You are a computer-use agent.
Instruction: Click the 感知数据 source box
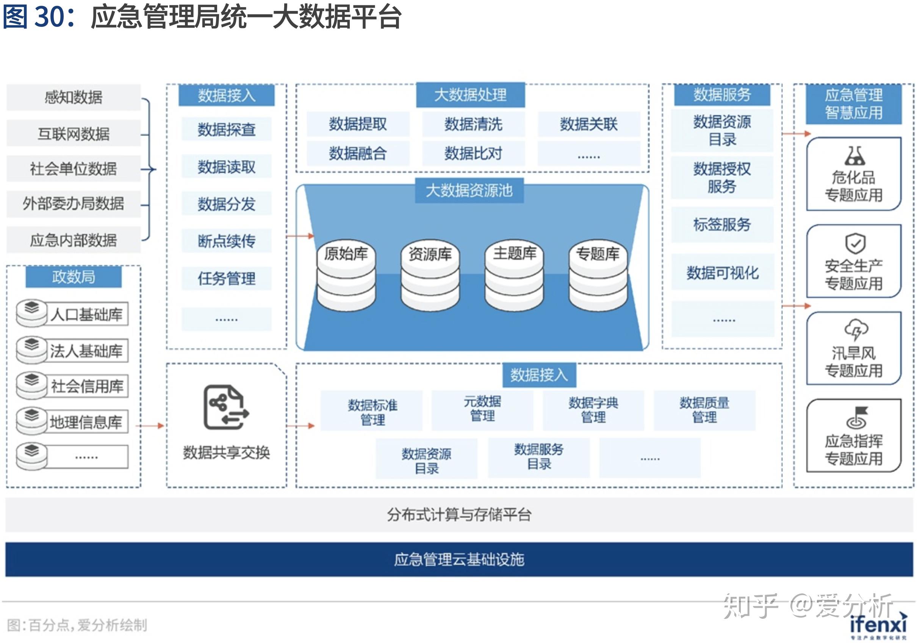point(74,97)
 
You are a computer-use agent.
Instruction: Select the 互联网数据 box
point(74,133)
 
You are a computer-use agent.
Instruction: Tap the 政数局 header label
point(74,276)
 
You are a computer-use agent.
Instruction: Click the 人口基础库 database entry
point(86,314)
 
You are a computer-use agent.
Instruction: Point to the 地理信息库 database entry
point(86,421)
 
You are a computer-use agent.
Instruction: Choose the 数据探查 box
point(227,129)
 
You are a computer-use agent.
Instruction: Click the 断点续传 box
point(227,241)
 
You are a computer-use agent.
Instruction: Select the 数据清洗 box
point(473,124)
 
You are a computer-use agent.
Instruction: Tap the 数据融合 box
point(357,153)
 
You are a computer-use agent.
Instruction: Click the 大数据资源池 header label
point(469,190)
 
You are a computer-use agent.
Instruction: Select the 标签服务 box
point(722,224)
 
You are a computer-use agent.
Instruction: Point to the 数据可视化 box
point(722,273)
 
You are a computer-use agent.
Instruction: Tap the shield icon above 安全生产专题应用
point(855,243)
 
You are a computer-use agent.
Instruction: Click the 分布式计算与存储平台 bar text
point(459,515)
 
